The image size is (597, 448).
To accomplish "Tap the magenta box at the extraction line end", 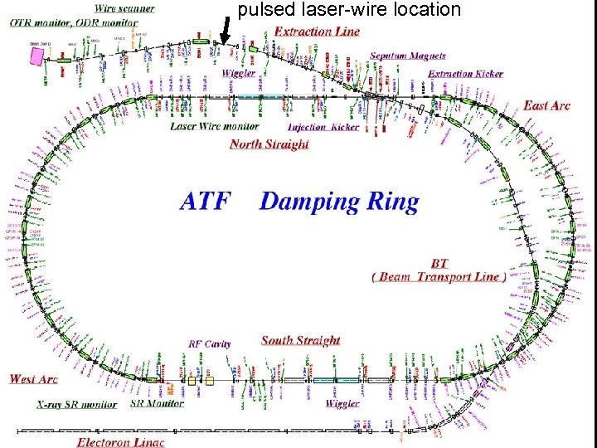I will pos(37,56).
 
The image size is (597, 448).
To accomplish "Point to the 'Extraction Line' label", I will pos(317,32).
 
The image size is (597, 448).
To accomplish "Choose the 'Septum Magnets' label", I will pos(408,56).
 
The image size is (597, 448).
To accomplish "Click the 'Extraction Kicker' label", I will pos(465,74).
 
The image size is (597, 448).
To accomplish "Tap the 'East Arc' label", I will pos(546,105).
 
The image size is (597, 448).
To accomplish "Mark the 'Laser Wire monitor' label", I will pos(215,127).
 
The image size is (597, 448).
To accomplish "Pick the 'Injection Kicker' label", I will pos(323,128).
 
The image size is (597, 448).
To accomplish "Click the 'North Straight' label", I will pos(269,144).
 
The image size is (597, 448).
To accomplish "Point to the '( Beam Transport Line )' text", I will pos(439,277).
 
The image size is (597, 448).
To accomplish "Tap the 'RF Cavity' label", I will pos(210,343).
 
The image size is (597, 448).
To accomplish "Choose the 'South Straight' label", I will pos(300,340).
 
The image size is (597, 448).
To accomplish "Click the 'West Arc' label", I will pos(34,379).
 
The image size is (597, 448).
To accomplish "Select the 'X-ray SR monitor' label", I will pos(77,405).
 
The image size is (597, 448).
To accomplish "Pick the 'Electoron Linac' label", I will pos(121,441).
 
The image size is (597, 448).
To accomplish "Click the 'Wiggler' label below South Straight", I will pos(342,403).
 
